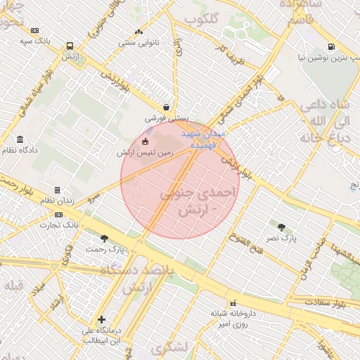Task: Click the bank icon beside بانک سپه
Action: click(x=35, y=30)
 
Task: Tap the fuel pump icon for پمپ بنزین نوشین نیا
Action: click(x=330, y=47)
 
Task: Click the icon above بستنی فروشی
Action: click(x=166, y=107)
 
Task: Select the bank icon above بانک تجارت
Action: click(x=58, y=215)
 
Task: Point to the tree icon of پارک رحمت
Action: click(x=105, y=238)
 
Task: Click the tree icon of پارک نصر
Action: click(x=281, y=227)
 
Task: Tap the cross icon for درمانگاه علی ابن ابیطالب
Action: click(x=102, y=319)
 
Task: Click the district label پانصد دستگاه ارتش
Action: click(x=136, y=278)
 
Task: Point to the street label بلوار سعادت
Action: click(x=326, y=302)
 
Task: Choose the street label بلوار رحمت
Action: click(x=18, y=186)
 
